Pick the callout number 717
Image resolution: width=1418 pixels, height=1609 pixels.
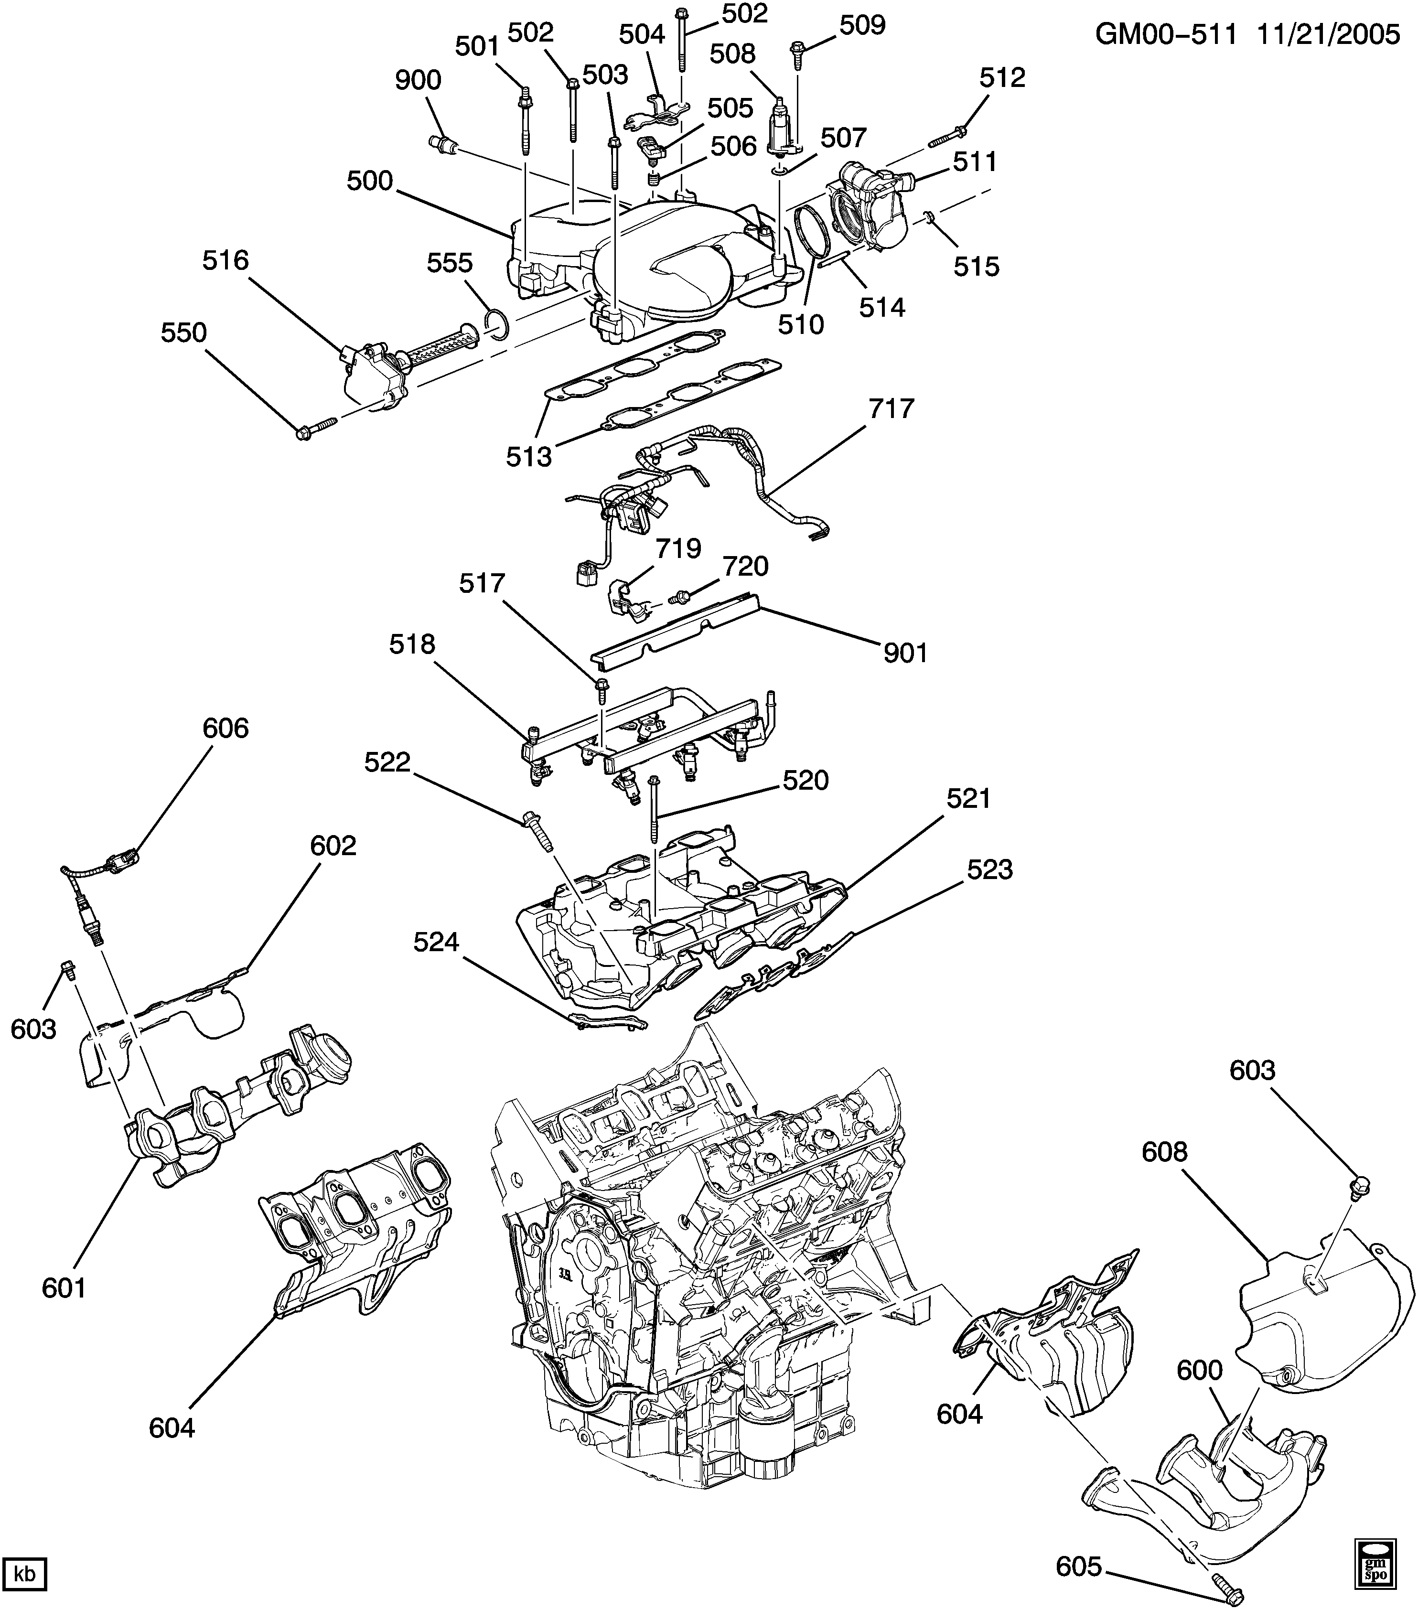point(892,408)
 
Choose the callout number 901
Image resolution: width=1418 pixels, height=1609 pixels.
point(905,653)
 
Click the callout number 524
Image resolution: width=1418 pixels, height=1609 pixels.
point(436,942)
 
